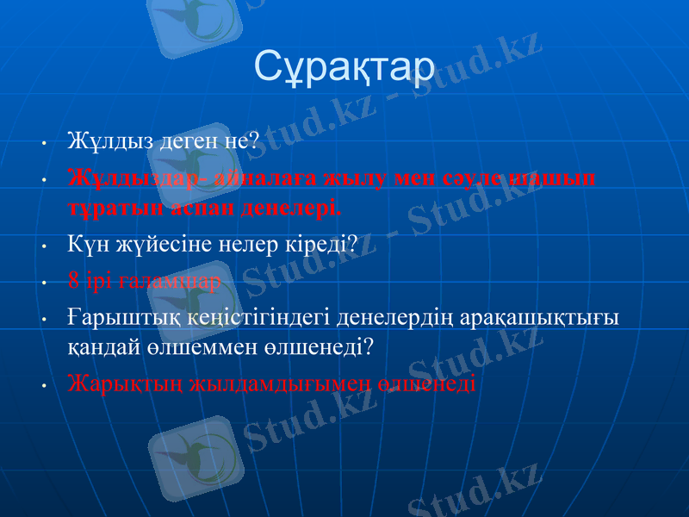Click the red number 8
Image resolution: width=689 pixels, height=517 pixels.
point(74,281)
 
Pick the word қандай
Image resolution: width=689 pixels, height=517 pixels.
point(102,346)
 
